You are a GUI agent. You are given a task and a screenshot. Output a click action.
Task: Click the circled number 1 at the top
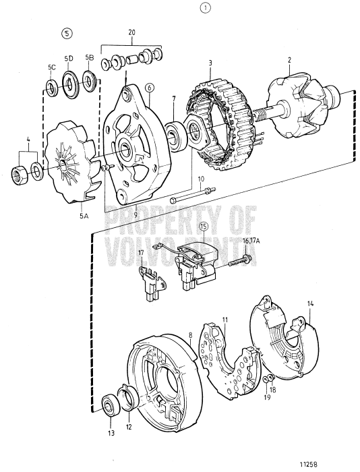[x=205, y=9]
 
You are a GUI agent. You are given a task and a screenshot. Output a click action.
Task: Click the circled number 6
[x=149, y=88]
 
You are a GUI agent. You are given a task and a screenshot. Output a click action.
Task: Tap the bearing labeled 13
[x=108, y=406]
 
